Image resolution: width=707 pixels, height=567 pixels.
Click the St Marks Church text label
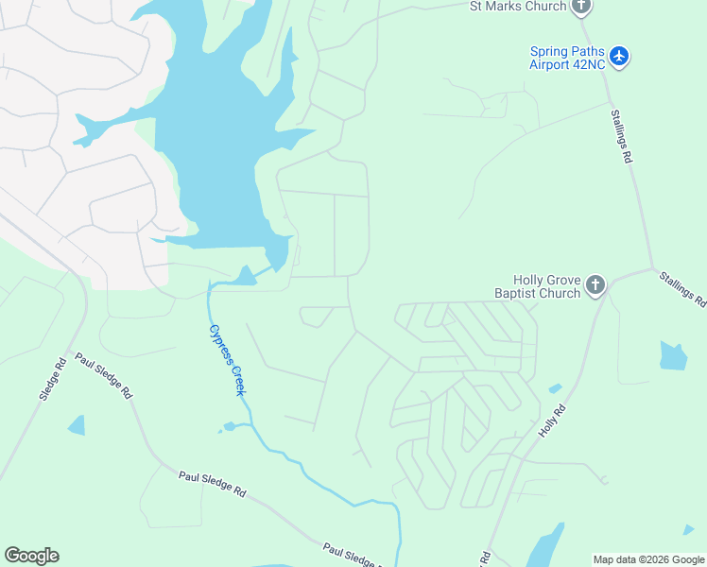[518, 7]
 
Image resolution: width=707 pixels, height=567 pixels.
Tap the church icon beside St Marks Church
[581, 7]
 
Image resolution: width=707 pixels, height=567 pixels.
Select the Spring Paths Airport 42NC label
[567, 58]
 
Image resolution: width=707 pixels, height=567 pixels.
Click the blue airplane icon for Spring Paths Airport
[619, 57]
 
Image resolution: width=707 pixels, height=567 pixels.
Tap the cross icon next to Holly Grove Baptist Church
[595, 284]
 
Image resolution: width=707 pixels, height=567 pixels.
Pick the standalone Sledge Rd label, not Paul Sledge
[52, 378]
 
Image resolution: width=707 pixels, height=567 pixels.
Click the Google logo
[31, 556]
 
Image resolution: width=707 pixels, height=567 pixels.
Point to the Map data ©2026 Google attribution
[648, 559]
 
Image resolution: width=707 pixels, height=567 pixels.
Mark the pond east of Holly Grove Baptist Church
[673, 355]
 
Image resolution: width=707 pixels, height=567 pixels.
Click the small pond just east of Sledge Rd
[77, 425]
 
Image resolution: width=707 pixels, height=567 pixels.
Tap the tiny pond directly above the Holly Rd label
[555, 387]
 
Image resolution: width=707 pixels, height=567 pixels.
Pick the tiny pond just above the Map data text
[688, 530]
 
